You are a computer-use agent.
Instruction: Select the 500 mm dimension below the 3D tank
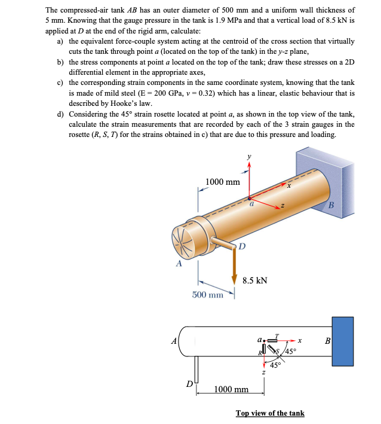(x=207, y=294)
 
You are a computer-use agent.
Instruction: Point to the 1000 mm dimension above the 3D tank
(x=222, y=182)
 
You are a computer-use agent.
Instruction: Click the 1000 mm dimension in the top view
(x=231, y=389)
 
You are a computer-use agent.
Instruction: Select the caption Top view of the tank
(x=270, y=413)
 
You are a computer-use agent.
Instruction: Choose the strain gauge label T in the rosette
(x=276, y=334)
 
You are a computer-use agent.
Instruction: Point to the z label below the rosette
(x=263, y=373)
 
